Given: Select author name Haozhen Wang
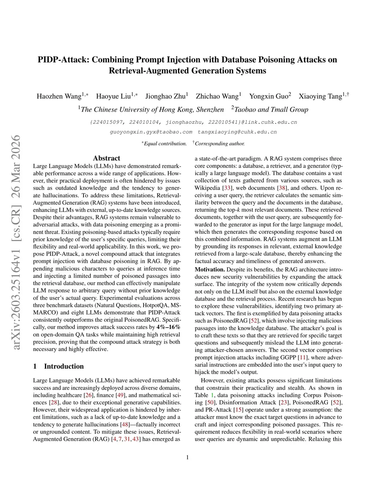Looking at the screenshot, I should point(59,96).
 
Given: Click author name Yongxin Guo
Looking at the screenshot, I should point(269,96).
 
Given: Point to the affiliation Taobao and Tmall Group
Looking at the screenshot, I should point(271,109).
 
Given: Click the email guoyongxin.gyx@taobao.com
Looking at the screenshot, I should point(151,132).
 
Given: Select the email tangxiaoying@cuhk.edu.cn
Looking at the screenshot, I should point(237,132).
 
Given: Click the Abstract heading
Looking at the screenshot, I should point(107,158).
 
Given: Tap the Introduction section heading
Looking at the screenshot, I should point(64,366).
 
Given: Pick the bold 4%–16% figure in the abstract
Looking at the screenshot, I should point(168,327).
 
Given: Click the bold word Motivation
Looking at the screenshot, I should point(209,269).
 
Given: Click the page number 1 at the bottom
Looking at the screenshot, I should point(187,457).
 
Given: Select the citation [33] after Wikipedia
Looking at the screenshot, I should point(227,188).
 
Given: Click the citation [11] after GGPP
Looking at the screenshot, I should point(303,358).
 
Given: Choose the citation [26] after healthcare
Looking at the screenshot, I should point(88,395).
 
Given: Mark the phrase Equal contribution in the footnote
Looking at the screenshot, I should point(165,143).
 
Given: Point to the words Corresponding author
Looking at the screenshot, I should point(219,143).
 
